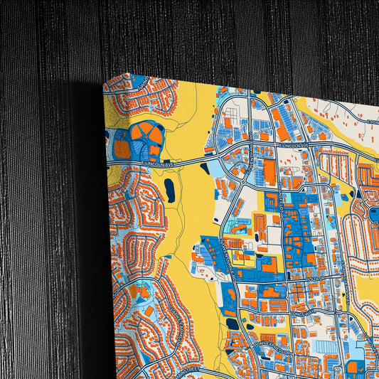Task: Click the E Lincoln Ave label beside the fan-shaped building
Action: tap(158, 164)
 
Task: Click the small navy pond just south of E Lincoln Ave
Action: tap(205, 169)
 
